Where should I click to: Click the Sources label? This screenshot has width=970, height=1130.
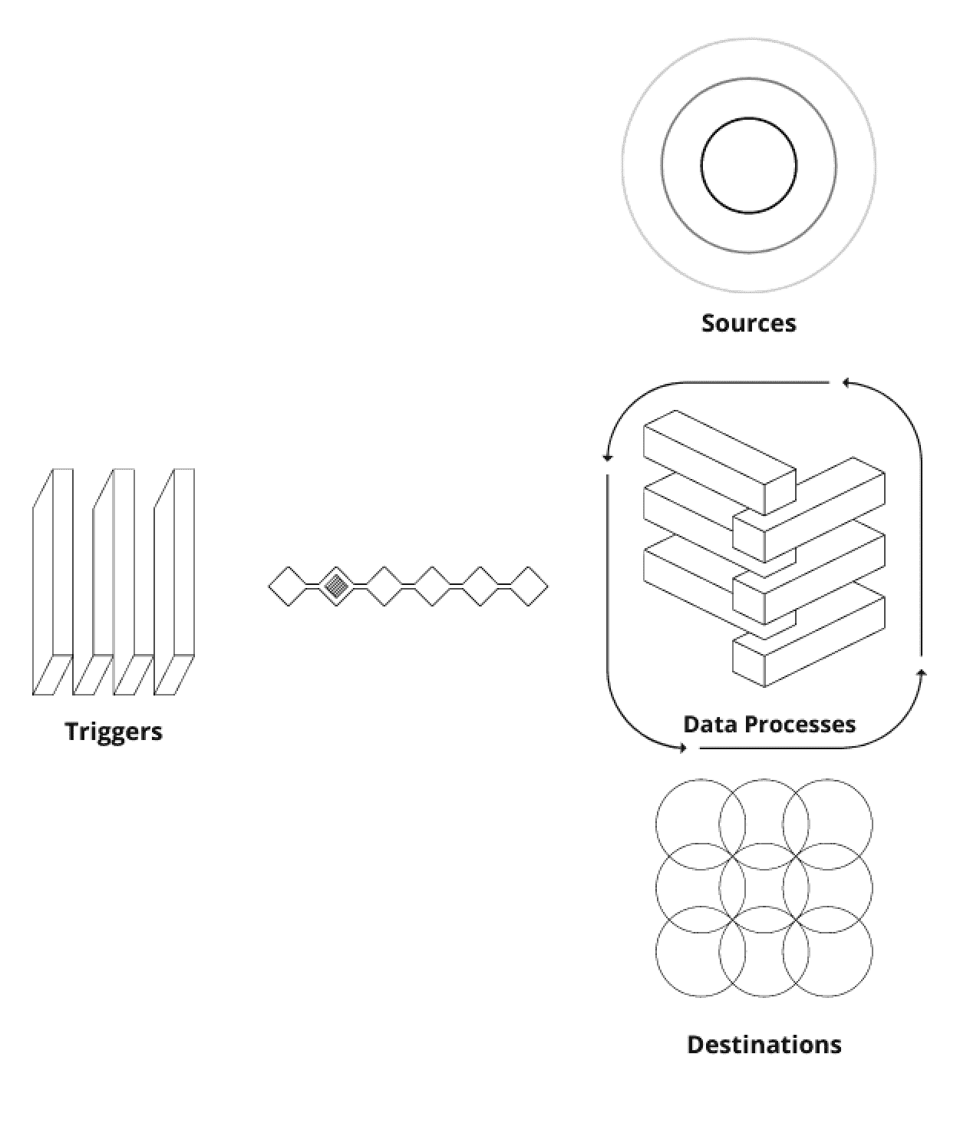click(x=748, y=322)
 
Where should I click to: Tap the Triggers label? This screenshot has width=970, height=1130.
click(x=114, y=731)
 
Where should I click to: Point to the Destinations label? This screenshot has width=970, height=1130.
click(x=764, y=1044)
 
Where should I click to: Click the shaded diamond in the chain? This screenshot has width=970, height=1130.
click(x=335, y=586)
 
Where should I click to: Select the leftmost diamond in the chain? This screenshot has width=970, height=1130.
click(x=288, y=586)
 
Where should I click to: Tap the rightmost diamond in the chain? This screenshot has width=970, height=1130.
click(x=529, y=586)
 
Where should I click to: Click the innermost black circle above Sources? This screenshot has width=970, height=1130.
click(x=748, y=165)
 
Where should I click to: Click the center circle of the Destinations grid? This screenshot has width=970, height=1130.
click(x=764, y=887)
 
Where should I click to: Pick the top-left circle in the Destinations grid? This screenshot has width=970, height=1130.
click(x=700, y=824)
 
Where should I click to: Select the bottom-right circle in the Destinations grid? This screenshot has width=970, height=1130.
click(x=827, y=951)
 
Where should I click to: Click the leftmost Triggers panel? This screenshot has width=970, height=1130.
click(x=52, y=583)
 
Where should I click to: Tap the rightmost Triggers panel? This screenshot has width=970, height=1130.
click(x=174, y=583)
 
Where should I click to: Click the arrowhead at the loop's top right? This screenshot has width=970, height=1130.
click(x=845, y=382)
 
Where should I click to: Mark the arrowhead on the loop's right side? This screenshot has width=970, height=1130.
click(x=922, y=673)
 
